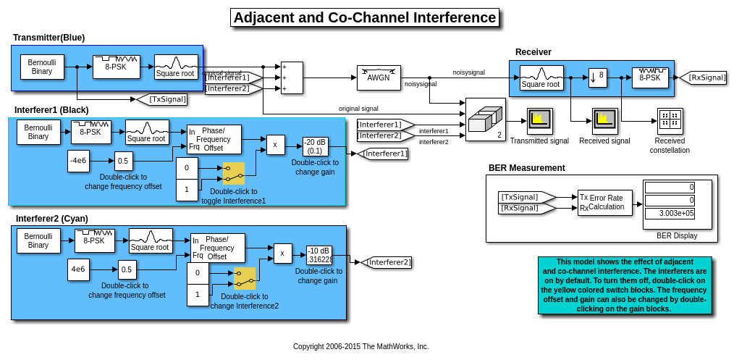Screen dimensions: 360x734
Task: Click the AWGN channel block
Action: coord(379,78)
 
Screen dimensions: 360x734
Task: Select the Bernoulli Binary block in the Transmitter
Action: coord(42,67)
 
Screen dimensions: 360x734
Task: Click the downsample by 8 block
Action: coord(597,78)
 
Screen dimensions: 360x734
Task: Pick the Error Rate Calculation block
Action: coord(605,203)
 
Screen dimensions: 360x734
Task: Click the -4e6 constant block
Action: coord(79,161)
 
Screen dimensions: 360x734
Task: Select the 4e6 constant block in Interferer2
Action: coord(78,269)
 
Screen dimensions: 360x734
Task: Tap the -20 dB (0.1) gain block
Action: coord(316,146)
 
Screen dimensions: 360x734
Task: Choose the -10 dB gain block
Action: coord(319,255)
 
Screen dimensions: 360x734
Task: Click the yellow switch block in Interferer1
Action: coord(234,173)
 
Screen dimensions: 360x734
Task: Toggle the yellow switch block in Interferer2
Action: coord(245,278)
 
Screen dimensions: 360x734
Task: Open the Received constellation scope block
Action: coord(670,121)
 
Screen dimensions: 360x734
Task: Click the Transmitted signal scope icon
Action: coord(539,121)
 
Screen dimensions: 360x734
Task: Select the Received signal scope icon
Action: coord(604,121)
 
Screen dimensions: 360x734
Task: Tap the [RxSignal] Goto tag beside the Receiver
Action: coord(703,78)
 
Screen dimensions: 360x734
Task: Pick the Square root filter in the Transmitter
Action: coord(176,67)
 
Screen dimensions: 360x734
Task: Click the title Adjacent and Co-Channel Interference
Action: coord(365,17)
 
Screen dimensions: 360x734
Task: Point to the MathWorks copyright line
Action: coord(360,346)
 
